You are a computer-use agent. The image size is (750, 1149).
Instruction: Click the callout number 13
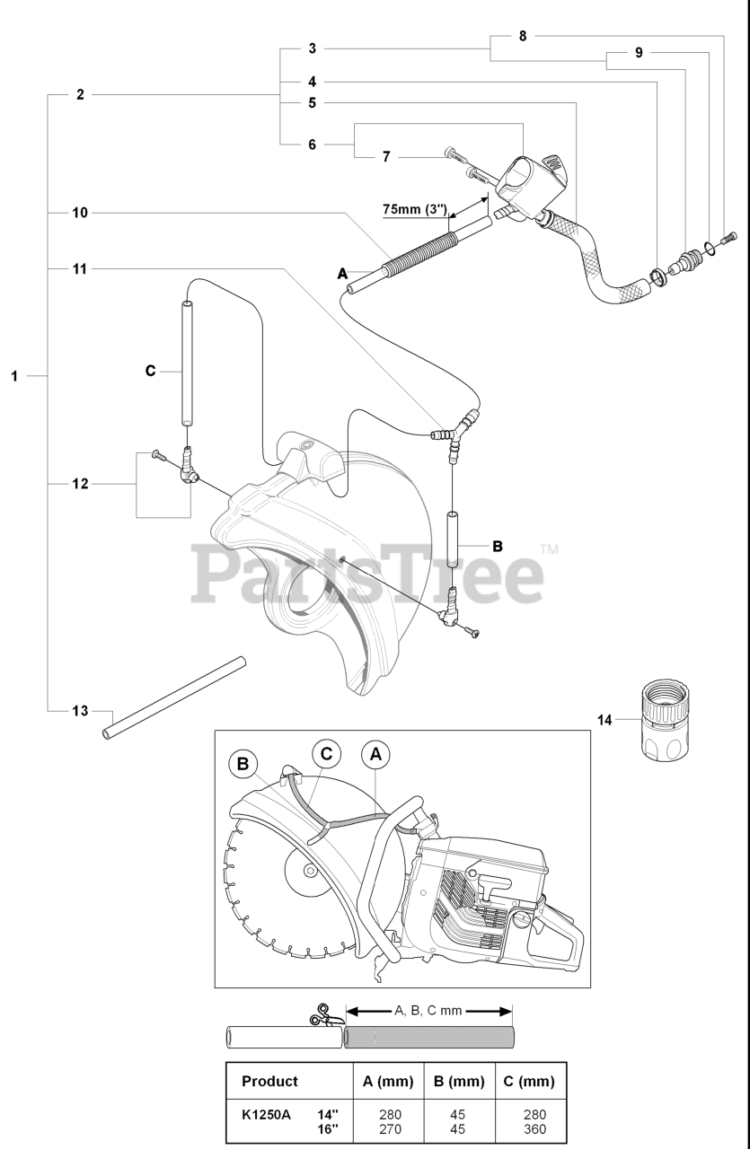tap(80, 711)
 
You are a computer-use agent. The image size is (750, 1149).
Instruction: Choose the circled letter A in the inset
tap(375, 755)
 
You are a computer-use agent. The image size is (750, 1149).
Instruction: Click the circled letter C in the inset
tap(325, 754)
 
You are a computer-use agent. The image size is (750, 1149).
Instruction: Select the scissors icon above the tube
tap(321, 1015)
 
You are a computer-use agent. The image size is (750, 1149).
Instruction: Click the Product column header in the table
tap(269, 1082)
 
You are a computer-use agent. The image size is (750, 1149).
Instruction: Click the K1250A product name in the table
tap(267, 1115)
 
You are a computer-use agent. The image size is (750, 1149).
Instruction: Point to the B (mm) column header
tap(458, 1082)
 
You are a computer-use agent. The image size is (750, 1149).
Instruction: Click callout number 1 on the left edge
tap(14, 376)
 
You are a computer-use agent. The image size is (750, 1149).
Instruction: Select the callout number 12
tap(80, 484)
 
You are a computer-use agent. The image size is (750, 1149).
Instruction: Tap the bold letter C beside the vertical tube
tap(150, 370)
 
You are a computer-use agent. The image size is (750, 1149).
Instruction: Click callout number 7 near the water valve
tap(386, 157)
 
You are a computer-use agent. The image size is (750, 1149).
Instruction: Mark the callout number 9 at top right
tap(639, 53)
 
